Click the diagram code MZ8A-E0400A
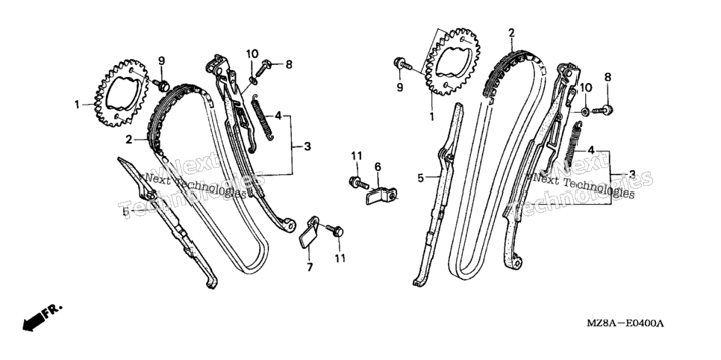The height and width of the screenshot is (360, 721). click(x=625, y=323)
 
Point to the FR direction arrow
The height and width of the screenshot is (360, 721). click(x=41, y=317)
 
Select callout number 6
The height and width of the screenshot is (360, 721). click(x=378, y=167)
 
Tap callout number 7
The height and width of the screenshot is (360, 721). click(x=310, y=267)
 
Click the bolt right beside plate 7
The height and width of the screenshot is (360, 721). click(x=334, y=230)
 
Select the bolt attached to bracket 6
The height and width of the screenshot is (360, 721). click(x=359, y=183)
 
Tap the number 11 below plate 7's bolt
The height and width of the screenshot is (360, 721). click(x=340, y=258)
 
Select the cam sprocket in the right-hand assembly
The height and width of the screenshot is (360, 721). click(x=454, y=62)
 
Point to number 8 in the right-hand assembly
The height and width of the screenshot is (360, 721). click(x=608, y=78)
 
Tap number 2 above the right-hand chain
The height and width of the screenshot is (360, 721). click(x=511, y=33)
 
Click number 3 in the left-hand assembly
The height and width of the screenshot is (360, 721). click(x=308, y=147)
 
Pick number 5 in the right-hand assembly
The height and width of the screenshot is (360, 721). click(x=421, y=177)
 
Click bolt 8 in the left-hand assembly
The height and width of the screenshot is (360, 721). click(x=266, y=66)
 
